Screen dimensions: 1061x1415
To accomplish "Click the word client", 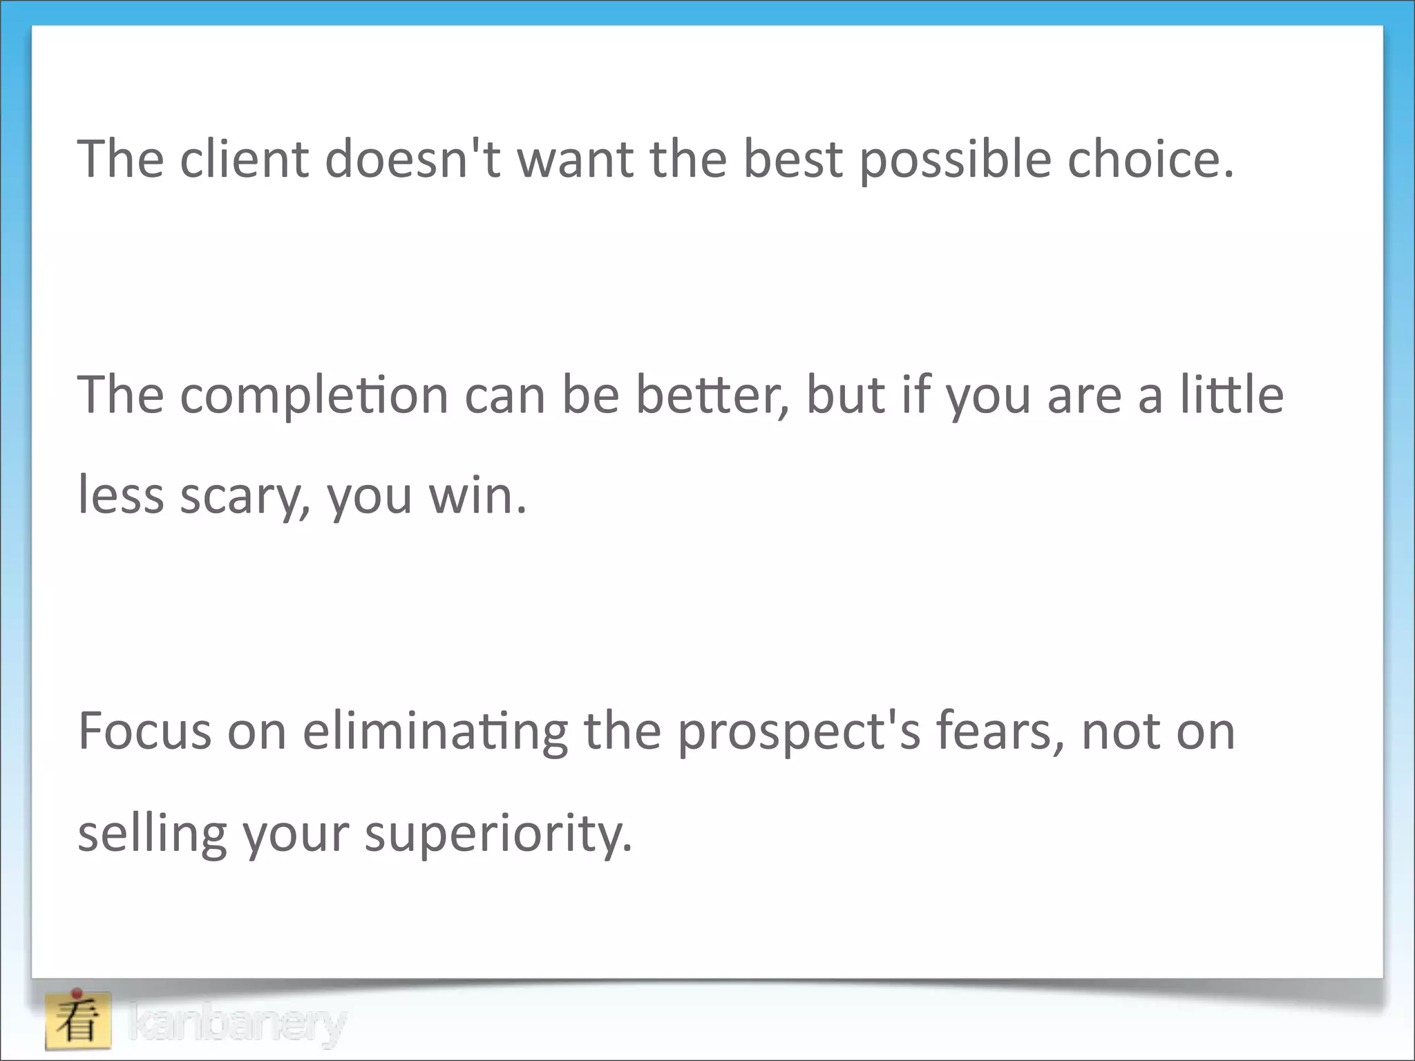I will (244, 159).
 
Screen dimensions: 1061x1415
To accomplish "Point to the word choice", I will (1150, 159).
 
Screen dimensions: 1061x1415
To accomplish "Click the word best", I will (792, 159).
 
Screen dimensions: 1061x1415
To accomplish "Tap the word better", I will (712, 395).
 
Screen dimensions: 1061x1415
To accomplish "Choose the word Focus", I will (145, 731).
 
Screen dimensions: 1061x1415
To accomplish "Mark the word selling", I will (153, 834).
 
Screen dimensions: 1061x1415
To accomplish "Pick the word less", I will (121, 496).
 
